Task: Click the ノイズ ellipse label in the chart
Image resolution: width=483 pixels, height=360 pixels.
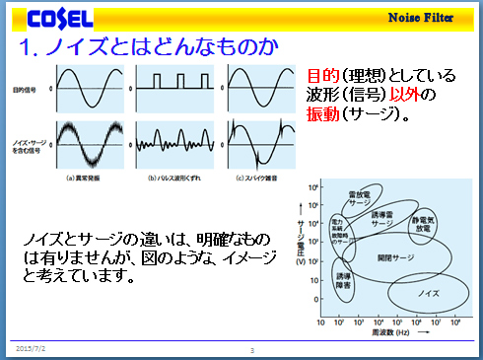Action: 429,295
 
